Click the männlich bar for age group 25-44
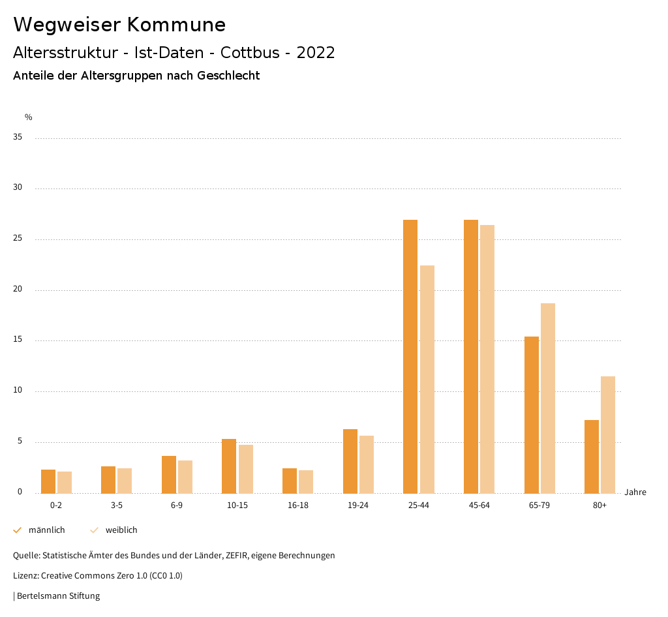pos(410,356)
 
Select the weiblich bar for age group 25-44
pos(427,379)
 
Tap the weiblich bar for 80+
pos(608,434)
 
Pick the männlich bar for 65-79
pos(532,415)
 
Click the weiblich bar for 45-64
pos(487,359)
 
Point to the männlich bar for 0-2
pos(48,481)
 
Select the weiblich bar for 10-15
pos(246,469)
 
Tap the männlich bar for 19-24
pos(350,461)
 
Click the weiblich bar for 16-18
pos(306,481)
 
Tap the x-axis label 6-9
pos(177,505)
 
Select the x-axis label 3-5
pos(116,505)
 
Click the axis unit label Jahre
pos(635,492)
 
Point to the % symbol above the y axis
pos(29,117)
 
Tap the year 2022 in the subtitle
pos(316,53)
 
